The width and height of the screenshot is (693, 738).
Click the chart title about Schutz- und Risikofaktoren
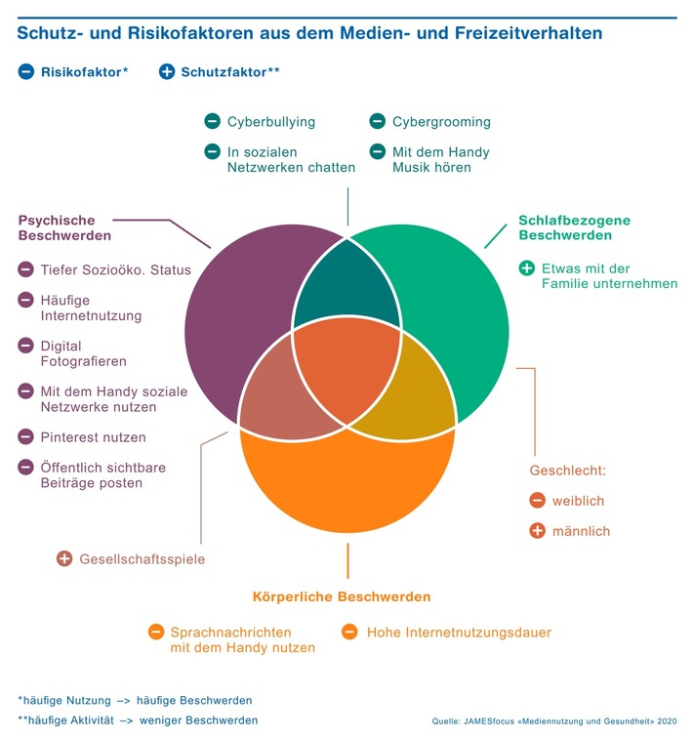click(x=309, y=33)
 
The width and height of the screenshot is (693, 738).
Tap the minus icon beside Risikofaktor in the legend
click(x=25, y=71)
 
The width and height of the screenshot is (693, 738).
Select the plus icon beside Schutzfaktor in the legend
click(x=167, y=71)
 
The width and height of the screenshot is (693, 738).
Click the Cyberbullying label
click(x=271, y=122)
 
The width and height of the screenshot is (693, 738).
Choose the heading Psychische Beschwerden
click(x=64, y=227)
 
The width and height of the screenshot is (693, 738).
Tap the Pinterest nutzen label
click(x=94, y=436)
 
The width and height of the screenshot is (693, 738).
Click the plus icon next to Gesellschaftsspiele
click(x=64, y=558)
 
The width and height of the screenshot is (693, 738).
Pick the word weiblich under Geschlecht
click(x=579, y=501)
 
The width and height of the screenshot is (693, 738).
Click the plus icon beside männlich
click(x=537, y=531)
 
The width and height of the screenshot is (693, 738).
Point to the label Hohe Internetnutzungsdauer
click(x=459, y=633)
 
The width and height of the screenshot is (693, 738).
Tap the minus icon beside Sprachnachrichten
click(x=155, y=633)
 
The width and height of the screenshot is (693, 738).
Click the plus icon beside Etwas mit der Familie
click(x=527, y=267)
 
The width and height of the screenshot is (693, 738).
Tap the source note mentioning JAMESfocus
click(x=554, y=720)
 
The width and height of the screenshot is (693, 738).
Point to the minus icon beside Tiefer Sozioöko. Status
click(x=25, y=269)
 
